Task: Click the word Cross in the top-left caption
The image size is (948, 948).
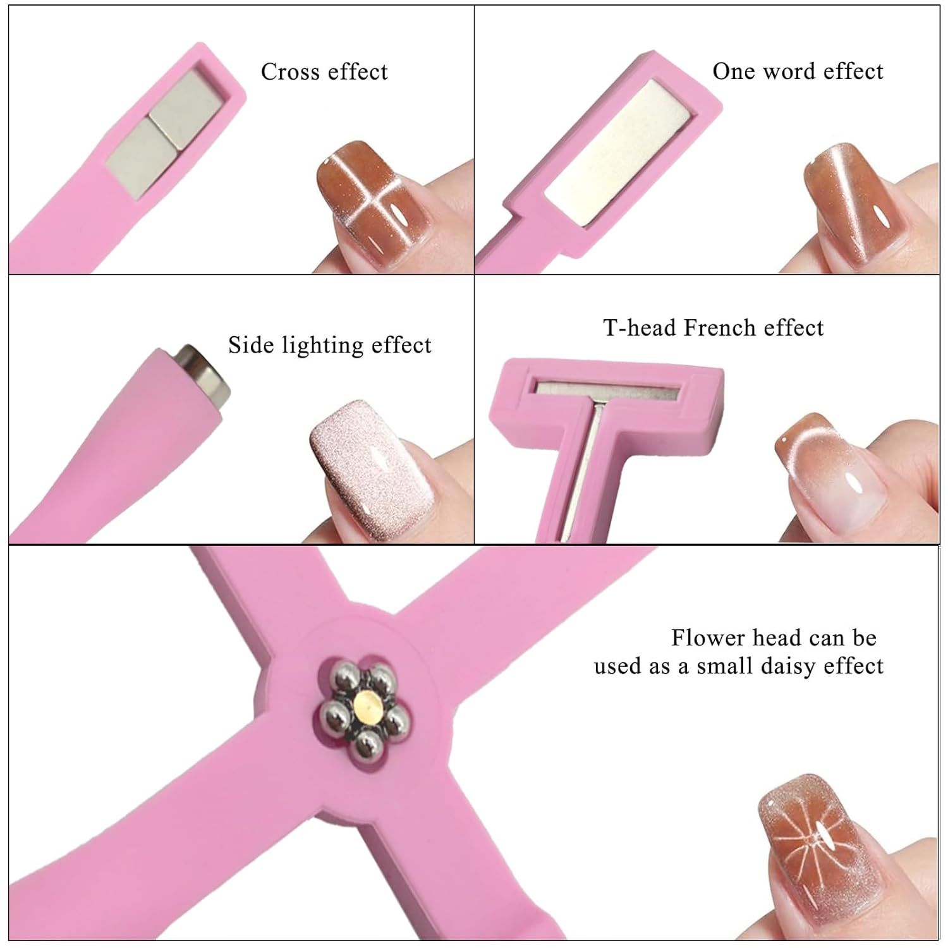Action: (x=290, y=71)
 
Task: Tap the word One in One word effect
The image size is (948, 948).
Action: (x=733, y=71)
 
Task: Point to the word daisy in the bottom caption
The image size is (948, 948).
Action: (x=787, y=666)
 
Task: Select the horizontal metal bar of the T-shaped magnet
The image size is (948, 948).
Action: (x=607, y=390)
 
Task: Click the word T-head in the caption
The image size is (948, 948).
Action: (x=640, y=327)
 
